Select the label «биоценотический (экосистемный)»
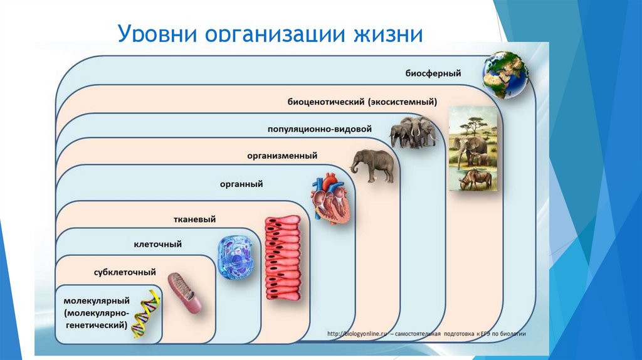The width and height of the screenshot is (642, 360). coord(362,101)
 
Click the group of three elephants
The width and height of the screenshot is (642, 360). coord(412,132)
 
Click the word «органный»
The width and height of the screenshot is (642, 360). coord(241,184)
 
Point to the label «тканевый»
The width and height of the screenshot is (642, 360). coord(194,220)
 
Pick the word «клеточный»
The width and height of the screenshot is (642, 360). coord(157,244)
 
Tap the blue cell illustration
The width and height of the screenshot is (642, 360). coord(237,258)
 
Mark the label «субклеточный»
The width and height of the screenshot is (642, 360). coord(125,273)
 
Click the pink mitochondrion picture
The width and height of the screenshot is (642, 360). coord(188,294)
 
